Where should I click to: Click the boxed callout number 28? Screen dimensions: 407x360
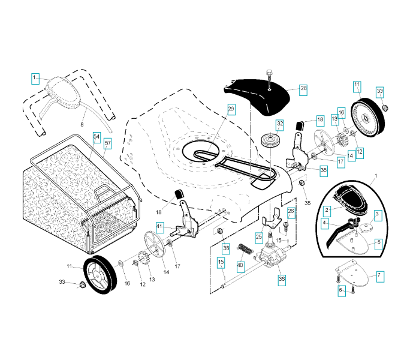pyautogui.click(x=303, y=90)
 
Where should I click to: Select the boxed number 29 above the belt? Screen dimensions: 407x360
pyautogui.click(x=231, y=109)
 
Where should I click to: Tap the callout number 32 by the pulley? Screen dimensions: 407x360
pyautogui.click(x=280, y=125)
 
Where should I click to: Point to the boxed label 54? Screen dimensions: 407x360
pyautogui.click(x=97, y=137)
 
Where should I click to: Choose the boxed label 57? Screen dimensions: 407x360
pyautogui.click(x=108, y=143)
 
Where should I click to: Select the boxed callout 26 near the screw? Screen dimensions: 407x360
pyautogui.click(x=291, y=212)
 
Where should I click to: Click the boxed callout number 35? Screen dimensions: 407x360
pyautogui.click(x=324, y=171)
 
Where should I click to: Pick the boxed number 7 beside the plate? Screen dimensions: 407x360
pyautogui.click(x=380, y=277)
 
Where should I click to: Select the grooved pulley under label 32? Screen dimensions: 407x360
pyautogui.click(x=270, y=140)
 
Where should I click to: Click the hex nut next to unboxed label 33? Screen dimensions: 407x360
pyautogui.click(x=82, y=284)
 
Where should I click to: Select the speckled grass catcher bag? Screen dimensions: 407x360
pyautogui.click(x=78, y=197)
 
